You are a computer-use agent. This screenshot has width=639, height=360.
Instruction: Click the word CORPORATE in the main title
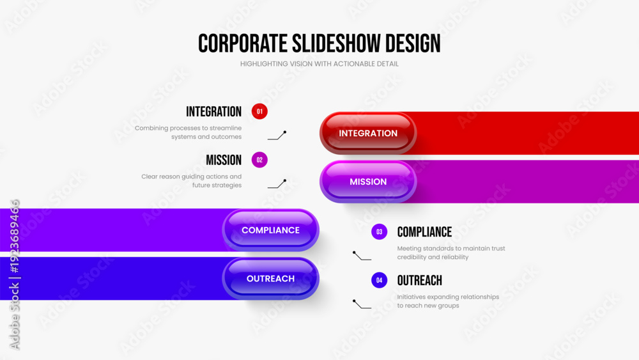tap(243, 43)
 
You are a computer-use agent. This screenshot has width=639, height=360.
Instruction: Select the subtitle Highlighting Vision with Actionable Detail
tap(319, 64)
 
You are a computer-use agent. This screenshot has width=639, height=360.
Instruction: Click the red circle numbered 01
tap(259, 111)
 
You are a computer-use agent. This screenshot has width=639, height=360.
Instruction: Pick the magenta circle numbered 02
tap(259, 160)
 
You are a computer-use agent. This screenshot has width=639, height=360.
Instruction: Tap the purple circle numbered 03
tap(380, 231)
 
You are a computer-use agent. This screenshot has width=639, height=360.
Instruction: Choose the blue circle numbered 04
tap(380, 280)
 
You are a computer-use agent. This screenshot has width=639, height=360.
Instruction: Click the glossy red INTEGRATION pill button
tap(368, 133)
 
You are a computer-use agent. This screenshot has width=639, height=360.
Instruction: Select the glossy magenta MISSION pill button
tap(368, 182)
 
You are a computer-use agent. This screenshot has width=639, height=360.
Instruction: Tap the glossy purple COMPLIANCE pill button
tap(270, 230)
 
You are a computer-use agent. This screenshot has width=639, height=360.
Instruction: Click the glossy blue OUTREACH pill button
tap(270, 278)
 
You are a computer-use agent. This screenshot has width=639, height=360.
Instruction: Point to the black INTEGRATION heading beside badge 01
tap(214, 112)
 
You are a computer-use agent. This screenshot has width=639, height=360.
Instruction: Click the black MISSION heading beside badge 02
tap(224, 160)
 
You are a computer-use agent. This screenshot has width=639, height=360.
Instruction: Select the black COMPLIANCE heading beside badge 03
tap(425, 232)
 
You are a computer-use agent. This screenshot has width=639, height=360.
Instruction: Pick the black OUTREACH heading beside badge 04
tap(420, 281)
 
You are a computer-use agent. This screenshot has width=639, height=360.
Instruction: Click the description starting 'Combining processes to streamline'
tap(189, 132)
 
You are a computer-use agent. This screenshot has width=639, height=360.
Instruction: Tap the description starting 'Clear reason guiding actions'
tap(192, 180)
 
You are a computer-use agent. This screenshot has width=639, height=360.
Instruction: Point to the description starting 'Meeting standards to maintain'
tap(451, 253)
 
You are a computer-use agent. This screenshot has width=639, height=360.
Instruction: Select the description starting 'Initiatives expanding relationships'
tap(449, 301)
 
